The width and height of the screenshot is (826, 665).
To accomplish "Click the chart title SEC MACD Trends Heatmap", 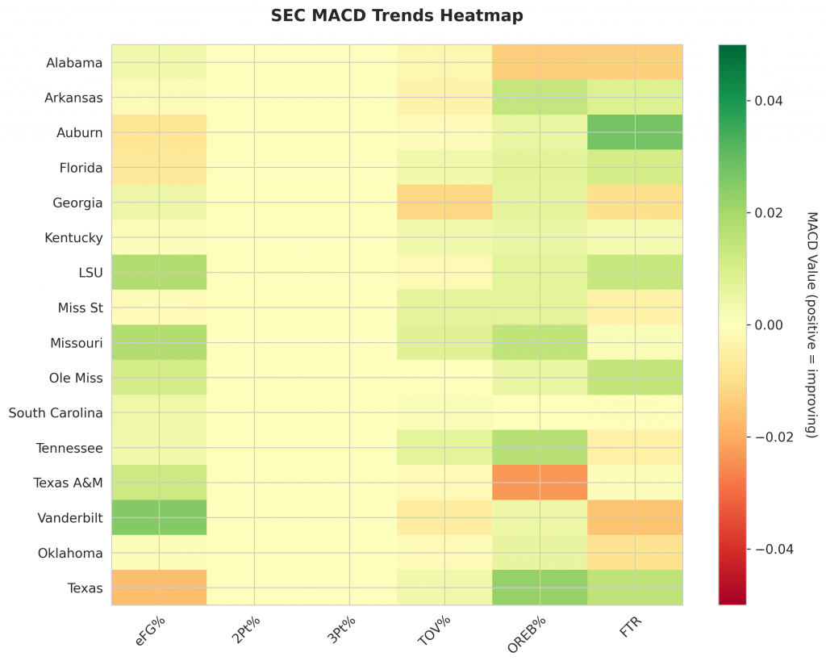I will pos(397,15).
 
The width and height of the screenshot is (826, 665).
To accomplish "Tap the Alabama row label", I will pos(74,63).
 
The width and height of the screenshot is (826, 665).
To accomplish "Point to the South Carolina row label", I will pos(56,413).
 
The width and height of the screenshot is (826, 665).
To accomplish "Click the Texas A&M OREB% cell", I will pos(540,483).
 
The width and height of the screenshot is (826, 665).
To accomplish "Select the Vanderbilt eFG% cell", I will pos(159,517).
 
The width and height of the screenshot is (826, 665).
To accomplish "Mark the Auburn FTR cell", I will pos(635,132).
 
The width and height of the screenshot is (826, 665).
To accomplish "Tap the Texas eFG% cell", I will pos(159,588).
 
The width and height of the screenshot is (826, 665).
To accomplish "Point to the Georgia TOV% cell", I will pos(444,203).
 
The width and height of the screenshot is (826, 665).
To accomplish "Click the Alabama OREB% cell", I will pos(540,62).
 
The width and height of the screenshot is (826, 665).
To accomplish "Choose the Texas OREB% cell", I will pos(540,588).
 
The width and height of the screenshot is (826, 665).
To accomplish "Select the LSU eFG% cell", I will pos(159,273).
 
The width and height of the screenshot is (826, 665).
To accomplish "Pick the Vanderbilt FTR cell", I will pos(635,517).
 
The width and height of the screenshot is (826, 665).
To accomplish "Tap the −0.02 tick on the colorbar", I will pos(772,437).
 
